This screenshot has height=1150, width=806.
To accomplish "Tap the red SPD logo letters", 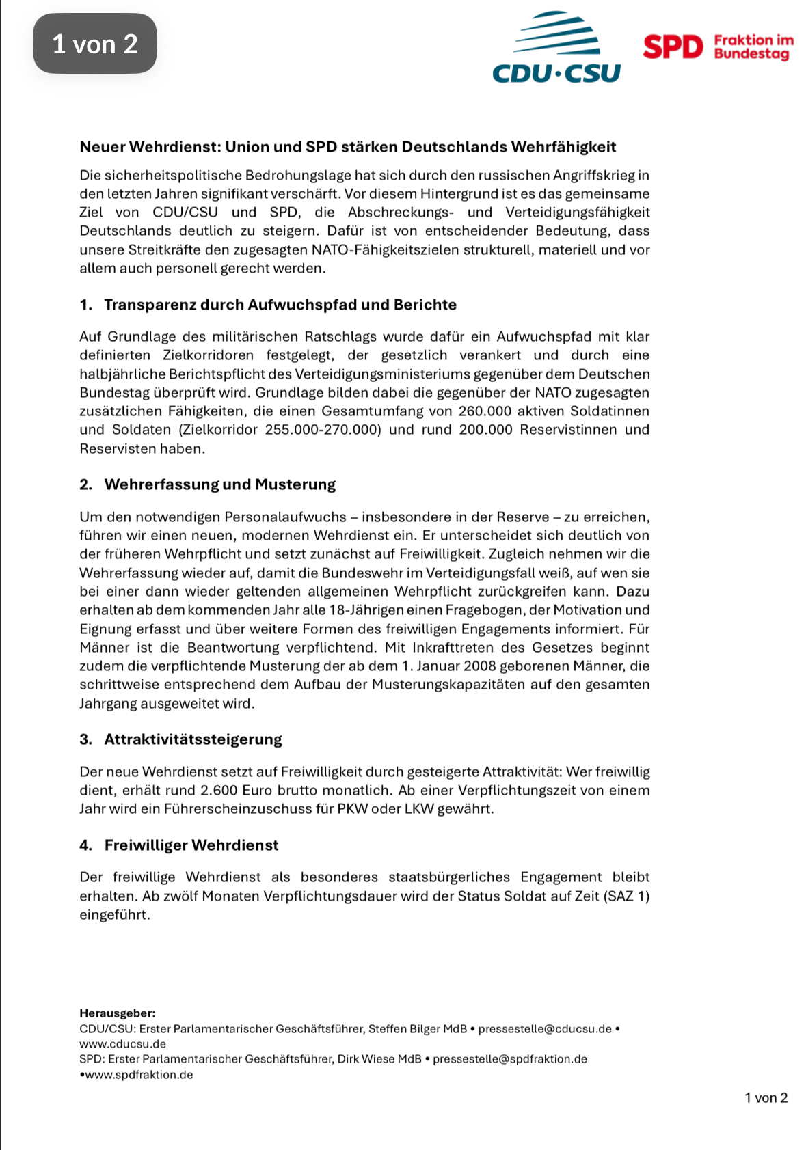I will (x=673, y=47).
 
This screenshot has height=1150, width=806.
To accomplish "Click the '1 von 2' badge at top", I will (x=95, y=44).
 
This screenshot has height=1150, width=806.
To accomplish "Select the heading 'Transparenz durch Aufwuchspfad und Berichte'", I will (x=280, y=305).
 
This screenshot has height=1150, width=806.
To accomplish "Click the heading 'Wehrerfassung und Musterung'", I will (x=220, y=484).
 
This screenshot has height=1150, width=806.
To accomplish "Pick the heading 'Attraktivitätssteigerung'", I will (x=193, y=739).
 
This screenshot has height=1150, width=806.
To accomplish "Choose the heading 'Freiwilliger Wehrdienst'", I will (x=191, y=845).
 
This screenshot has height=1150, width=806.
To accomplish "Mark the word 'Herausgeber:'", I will (x=117, y=1013).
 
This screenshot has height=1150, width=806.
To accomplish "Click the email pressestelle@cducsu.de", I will (x=545, y=1029).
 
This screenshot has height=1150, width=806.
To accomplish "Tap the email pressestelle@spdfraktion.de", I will (x=509, y=1059).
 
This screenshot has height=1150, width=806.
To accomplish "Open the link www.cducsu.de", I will (x=123, y=1044).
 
